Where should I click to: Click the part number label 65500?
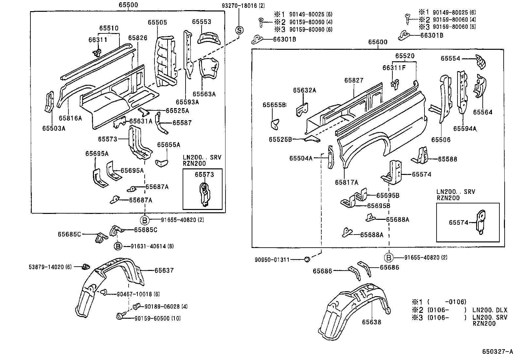pyautogui.click(x=128, y=5)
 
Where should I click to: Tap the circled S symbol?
pyautogui.click(x=239, y=30)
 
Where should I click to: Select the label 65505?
pyautogui.click(x=157, y=22)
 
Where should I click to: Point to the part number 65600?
pyautogui.click(x=378, y=42)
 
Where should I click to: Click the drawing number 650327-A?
pyautogui.click(x=497, y=351)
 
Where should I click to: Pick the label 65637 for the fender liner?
pyautogui.click(x=164, y=270)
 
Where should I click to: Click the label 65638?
pyautogui.click(x=371, y=322)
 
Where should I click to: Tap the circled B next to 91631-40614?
pyautogui.click(x=118, y=246)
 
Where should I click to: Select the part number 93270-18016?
pyautogui.click(x=239, y=6)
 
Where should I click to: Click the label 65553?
pyautogui.click(x=202, y=22)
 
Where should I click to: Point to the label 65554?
pyautogui.click(x=450, y=58)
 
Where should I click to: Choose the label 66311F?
pyautogui.click(x=394, y=68)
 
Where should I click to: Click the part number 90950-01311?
pyautogui.click(x=272, y=260)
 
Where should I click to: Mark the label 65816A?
pyautogui.click(x=70, y=118)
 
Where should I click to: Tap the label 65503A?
pyautogui.click(x=54, y=128)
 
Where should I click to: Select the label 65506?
pyautogui.click(x=441, y=140)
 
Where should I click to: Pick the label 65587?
pyautogui.click(x=182, y=123)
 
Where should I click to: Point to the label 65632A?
pyautogui.click(x=304, y=90)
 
